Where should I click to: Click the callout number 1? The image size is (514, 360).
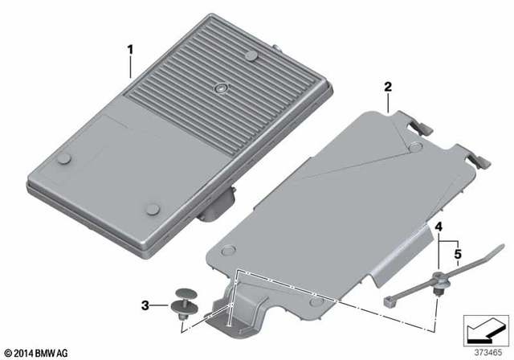click(129, 49)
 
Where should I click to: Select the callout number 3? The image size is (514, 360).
click(145, 305)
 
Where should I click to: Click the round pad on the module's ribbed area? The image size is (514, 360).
click(251, 55)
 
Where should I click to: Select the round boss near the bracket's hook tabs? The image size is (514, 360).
click(414, 146)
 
